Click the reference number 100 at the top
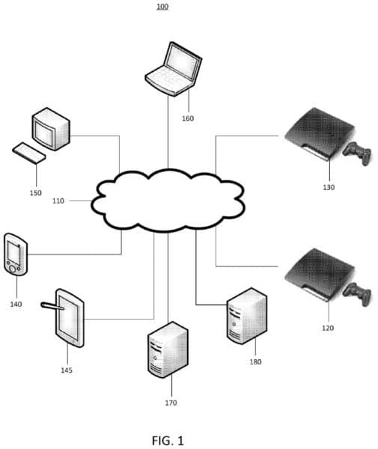click(162, 6)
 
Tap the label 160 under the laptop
click(188, 118)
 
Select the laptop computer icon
click(174, 69)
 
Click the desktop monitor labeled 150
click(51, 129)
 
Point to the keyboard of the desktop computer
click(29, 153)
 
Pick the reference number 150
click(35, 193)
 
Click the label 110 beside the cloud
click(58, 201)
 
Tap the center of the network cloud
click(168, 200)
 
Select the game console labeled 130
click(320, 134)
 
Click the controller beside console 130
click(358, 153)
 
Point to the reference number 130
click(329, 187)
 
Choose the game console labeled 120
click(320, 275)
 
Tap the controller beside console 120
click(358, 294)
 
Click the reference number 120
click(328, 328)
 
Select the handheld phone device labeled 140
click(16, 254)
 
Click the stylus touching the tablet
click(52, 306)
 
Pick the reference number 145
click(67, 370)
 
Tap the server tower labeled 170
click(168, 349)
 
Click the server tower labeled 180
click(247, 316)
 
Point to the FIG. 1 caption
click(168, 441)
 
